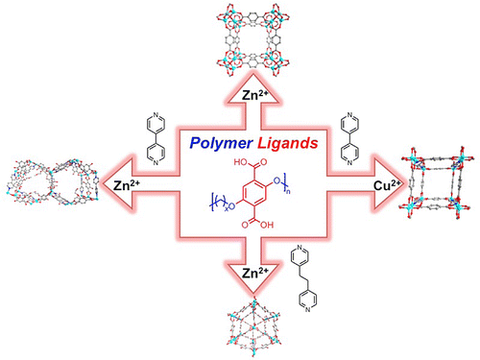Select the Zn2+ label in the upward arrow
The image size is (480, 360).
pyautogui.click(x=240, y=95)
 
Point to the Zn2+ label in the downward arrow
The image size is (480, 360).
pyautogui.click(x=240, y=274)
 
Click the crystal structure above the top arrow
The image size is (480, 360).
pyautogui.click(x=240, y=38)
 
